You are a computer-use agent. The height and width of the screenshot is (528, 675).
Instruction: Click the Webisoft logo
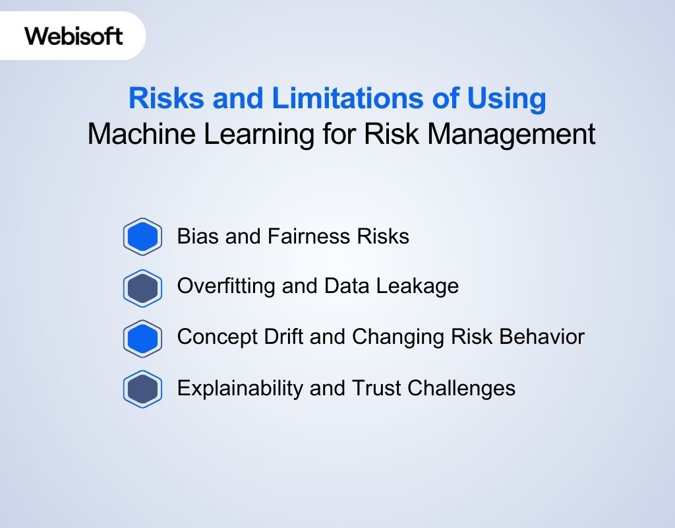(74, 36)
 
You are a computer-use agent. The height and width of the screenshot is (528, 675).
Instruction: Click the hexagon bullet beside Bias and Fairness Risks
(142, 236)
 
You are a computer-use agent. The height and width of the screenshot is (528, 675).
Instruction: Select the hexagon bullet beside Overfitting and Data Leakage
(142, 288)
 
